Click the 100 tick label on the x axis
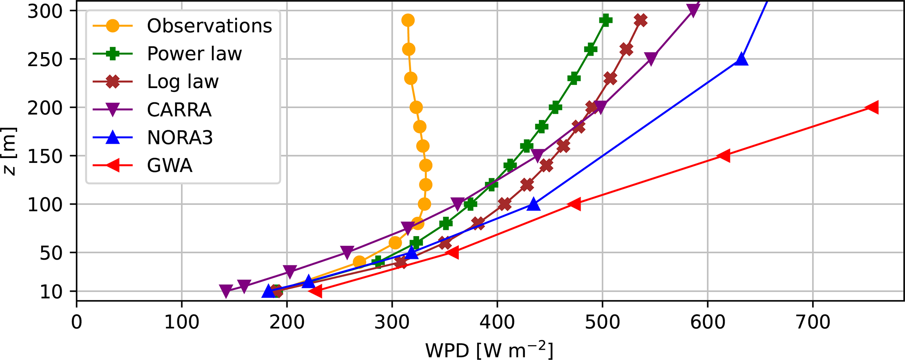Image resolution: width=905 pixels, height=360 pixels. [182, 322]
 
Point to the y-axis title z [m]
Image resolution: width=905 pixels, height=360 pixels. [10, 151]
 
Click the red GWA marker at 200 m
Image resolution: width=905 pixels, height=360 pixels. [872, 107]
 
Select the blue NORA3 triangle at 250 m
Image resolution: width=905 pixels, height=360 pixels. [741, 59]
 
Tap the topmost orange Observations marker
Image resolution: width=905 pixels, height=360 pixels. [408, 20]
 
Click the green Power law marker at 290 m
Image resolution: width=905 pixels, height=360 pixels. [606, 20]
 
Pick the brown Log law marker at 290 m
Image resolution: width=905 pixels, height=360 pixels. [641, 20]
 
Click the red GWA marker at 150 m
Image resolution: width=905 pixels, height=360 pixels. [724, 155]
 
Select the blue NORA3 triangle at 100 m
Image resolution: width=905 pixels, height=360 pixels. [533, 204]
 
